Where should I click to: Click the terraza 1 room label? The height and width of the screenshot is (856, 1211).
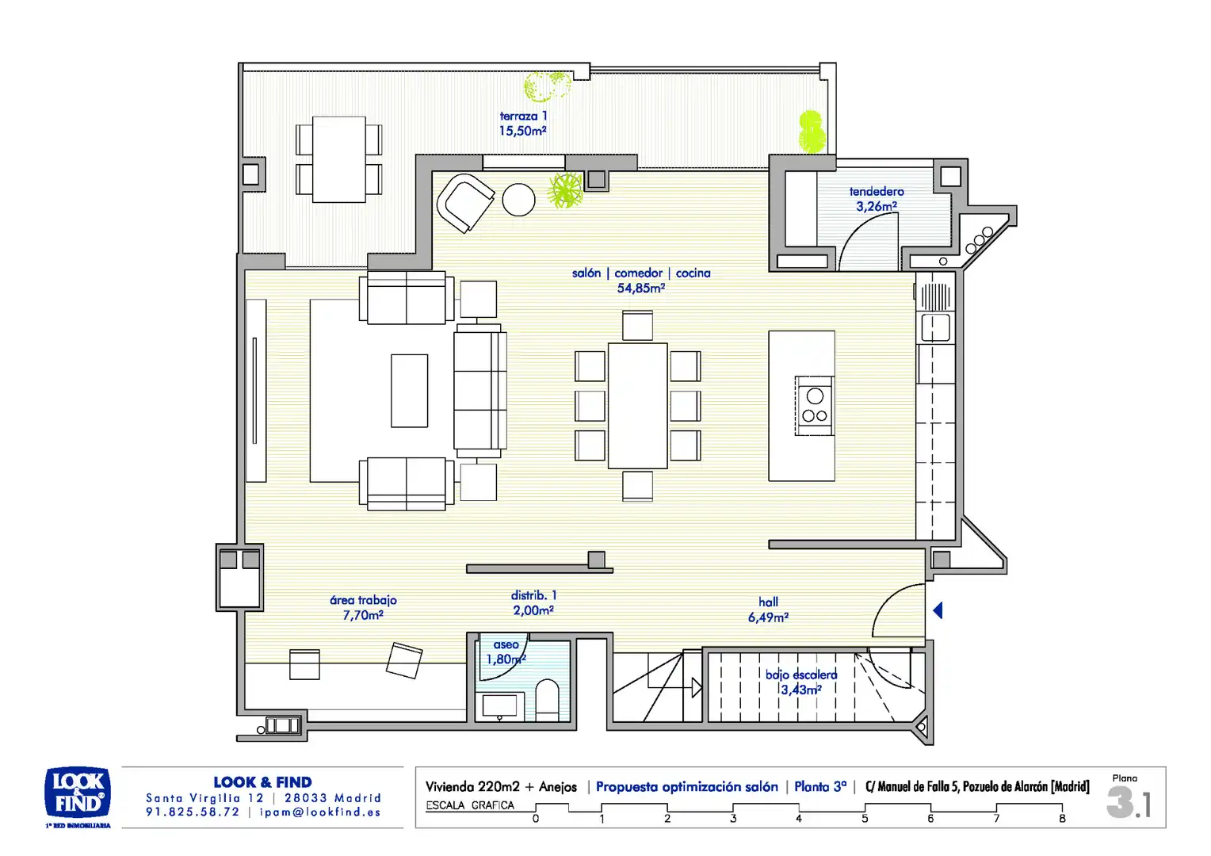523,117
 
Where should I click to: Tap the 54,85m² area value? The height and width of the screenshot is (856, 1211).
641,289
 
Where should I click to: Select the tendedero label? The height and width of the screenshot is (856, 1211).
877,192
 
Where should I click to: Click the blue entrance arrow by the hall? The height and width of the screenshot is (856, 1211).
938,610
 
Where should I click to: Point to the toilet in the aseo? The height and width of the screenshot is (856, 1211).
547,701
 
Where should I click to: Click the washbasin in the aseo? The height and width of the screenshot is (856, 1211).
499,705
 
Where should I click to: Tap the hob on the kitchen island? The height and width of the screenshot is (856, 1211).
814,406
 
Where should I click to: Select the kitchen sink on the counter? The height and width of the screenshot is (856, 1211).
935,327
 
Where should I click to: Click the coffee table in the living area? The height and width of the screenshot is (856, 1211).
409,391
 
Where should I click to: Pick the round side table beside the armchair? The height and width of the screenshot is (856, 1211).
518,200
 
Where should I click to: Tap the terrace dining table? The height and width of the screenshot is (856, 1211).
339,159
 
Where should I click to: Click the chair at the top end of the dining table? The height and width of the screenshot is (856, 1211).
637,326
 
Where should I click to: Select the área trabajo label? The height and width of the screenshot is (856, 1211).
363,600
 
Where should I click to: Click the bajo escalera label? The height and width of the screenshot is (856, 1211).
801,674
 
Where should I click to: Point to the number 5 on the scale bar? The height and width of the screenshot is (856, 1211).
865,819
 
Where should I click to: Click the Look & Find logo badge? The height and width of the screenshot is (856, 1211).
78,792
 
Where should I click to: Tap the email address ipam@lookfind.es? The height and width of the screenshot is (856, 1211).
320,812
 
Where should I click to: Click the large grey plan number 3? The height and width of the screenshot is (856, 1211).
1120,802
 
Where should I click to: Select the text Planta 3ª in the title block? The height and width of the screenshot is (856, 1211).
820,787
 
